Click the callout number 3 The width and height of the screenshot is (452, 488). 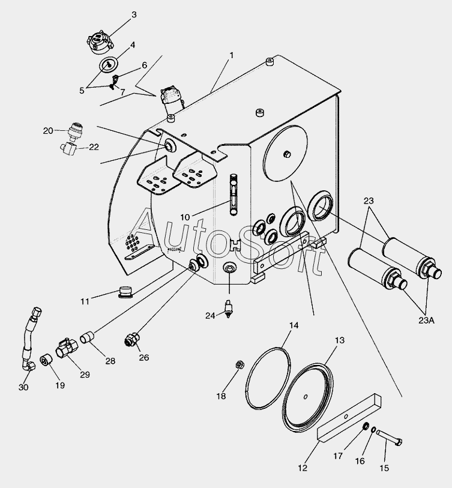134,14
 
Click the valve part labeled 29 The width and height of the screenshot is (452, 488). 65,349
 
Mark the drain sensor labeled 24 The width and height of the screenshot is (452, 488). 228,308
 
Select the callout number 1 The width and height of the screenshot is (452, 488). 231,55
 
